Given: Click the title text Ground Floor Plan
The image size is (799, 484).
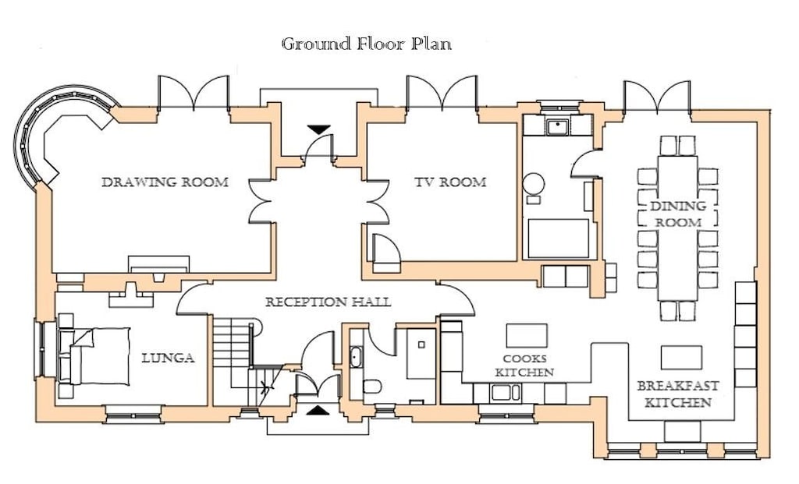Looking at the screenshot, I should tap(366, 44).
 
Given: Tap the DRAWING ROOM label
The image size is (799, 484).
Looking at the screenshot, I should tap(165, 182).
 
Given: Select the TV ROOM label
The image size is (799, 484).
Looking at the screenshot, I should tap(450, 182).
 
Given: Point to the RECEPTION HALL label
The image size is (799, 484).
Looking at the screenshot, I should tap(328, 302).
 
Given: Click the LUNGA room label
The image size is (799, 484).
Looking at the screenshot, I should tap(168, 359).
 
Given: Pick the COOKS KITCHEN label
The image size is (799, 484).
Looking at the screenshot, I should tap(524, 366).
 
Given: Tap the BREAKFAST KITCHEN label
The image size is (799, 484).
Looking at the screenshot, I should tap(677, 394).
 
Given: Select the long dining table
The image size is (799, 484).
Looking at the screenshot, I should tap(676, 228).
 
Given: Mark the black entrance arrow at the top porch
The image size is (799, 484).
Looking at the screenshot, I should tap(318, 129).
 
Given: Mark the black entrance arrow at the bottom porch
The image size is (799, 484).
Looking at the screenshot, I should tap(318, 409).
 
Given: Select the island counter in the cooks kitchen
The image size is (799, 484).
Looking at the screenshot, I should tap(527, 335).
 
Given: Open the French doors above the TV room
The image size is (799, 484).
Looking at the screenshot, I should tap(442, 94).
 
